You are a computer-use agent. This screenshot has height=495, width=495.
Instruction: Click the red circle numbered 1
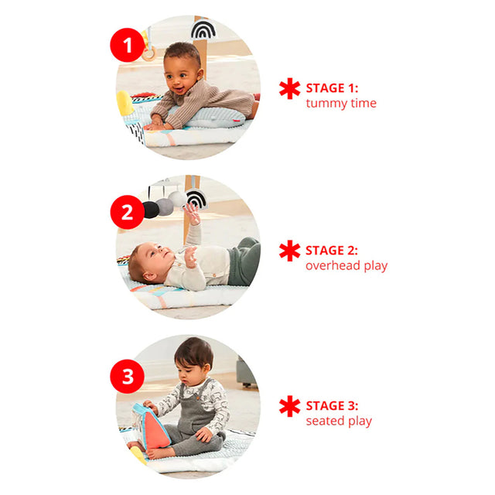click(x=127, y=45)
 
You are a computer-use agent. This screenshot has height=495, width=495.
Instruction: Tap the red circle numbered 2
click(x=127, y=212)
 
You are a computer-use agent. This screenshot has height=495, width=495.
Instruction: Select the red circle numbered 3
click(x=127, y=377)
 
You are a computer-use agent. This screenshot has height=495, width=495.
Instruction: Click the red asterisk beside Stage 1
click(x=289, y=88)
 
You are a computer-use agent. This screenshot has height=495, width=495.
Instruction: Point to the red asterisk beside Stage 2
click(x=289, y=251)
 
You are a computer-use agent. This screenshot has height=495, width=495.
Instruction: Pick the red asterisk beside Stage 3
click(x=289, y=406)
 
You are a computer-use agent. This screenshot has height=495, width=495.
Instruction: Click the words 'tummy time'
click(x=341, y=103)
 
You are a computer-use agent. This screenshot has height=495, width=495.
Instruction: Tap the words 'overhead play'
click(x=346, y=266)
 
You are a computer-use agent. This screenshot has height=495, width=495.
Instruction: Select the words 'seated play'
click(x=339, y=421)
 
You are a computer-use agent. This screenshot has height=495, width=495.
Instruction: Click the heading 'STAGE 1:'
click(x=332, y=88)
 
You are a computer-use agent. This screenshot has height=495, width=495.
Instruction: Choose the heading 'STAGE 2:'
click(x=332, y=251)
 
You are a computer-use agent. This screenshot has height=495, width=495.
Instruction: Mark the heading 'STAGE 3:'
click(x=332, y=405)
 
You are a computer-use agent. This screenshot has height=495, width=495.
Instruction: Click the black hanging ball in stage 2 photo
click(x=152, y=210)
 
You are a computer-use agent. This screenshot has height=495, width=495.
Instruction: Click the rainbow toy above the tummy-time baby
click(x=203, y=31)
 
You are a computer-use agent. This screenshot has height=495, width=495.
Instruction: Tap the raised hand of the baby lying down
click(x=193, y=213)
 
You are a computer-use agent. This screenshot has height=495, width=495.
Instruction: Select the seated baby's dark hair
click(x=193, y=352)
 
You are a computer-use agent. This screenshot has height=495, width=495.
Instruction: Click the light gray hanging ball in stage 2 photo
click(x=178, y=199)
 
